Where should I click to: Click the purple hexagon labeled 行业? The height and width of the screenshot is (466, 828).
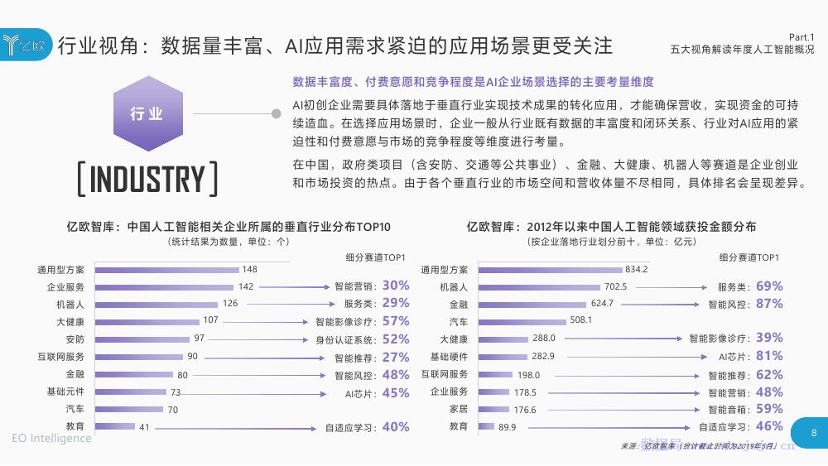[147, 113]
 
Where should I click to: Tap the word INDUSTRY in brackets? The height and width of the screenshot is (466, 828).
[147, 180]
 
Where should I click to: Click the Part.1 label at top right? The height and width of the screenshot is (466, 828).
[801, 37]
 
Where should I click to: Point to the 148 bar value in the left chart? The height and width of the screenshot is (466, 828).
[249, 269]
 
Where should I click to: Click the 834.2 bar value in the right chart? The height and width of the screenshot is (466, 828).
[636, 269]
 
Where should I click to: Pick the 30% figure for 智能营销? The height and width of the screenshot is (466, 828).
[396, 286]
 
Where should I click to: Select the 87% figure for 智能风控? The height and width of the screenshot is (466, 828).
[769, 304]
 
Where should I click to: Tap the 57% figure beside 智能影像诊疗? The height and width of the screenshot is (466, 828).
[396, 321]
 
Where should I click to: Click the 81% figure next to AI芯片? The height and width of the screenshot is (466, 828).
[769, 356]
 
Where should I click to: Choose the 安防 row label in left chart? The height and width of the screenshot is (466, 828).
[75, 339]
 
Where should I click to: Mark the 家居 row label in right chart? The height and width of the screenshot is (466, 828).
[459, 409]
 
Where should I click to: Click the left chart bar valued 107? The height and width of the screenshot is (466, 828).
[147, 321]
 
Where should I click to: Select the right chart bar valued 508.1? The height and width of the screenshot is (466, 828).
[522, 321]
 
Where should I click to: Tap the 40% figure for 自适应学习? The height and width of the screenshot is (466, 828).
[396, 427]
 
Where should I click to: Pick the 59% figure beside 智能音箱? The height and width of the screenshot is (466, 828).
[769, 409]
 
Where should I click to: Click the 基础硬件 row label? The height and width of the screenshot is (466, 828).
[449, 357]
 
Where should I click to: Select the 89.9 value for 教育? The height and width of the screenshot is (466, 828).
[508, 427]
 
